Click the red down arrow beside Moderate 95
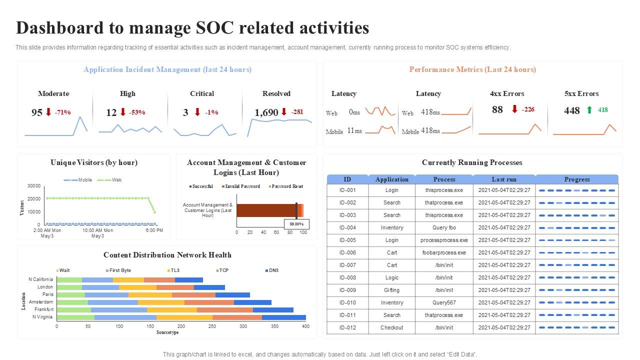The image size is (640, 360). [x=48, y=112]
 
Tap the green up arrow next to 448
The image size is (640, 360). [x=589, y=110]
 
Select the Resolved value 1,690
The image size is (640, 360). [x=266, y=112]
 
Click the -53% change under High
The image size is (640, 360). [x=136, y=112]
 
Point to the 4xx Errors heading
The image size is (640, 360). [x=507, y=93]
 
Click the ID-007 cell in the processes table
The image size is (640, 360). [x=347, y=265]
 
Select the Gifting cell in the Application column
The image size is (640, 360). [x=391, y=290]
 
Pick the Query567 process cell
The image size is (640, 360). [x=444, y=302]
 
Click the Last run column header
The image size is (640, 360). [x=504, y=179]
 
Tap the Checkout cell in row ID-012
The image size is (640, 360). [x=391, y=327]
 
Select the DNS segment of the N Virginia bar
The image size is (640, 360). [x=283, y=317]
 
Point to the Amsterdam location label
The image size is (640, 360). [x=41, y=302]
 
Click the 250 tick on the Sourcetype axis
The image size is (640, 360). [x=212, y=326]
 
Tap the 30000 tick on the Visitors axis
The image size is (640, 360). [x=34, y=186]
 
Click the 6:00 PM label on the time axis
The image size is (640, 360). [x=154, y=230]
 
